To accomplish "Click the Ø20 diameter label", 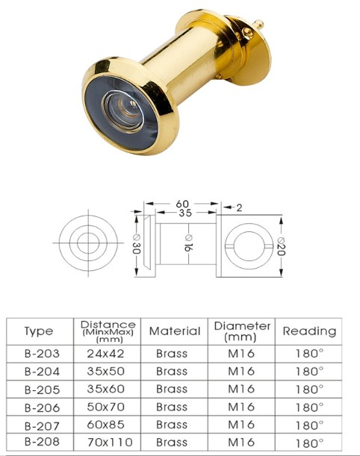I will pos(280,244).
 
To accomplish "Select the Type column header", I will pos(39,331).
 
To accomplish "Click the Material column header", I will pos(175,331).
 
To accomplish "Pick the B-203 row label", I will pos(39,353).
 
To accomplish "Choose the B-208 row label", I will pos(39,443).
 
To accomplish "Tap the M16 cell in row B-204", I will pos(241,371).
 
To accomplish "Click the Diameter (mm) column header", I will pos(242,331).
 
